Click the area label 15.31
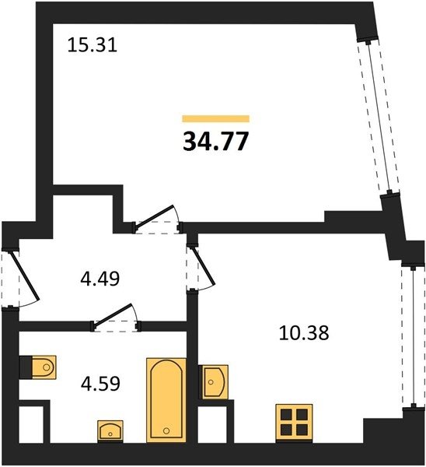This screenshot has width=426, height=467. point(93,45)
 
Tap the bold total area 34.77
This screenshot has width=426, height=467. point(215,141)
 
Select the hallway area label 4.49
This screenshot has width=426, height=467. point(100,279)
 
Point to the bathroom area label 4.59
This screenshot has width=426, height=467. point(100,383)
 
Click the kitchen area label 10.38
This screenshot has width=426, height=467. point(304,332)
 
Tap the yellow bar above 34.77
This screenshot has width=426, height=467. point(215,118)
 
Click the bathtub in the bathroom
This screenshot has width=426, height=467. point(166,400)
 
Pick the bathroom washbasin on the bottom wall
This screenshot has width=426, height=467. point(110,431)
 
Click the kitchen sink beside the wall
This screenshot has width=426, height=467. point(215,382)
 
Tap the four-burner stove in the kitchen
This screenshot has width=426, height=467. point(294,423)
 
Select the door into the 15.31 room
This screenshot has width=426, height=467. point(157,219)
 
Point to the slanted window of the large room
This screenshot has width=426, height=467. point(378,117)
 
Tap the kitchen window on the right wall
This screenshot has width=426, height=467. point(413,337)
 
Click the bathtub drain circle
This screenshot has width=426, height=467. point(166,430)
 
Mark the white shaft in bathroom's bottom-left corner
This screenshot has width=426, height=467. point(31,424)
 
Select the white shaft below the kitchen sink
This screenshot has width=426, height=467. point(212,424)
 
